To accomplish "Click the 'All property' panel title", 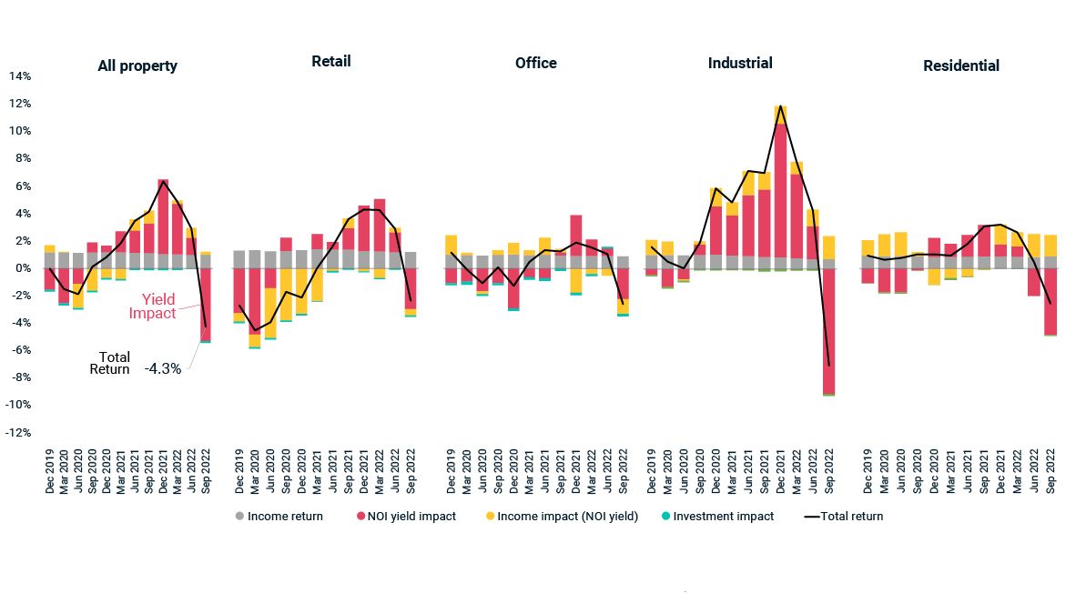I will click(137, 65).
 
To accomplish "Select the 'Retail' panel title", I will click(330, 61).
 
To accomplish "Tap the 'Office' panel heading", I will click(535, 63).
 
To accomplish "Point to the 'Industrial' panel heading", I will click(740, 63).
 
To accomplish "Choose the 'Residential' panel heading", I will click(960, 65).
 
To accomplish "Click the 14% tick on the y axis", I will click(21, 76).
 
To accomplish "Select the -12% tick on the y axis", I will click(19, 433).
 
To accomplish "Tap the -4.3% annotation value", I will click(162, 369).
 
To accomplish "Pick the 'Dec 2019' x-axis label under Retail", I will click(239, 471).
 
